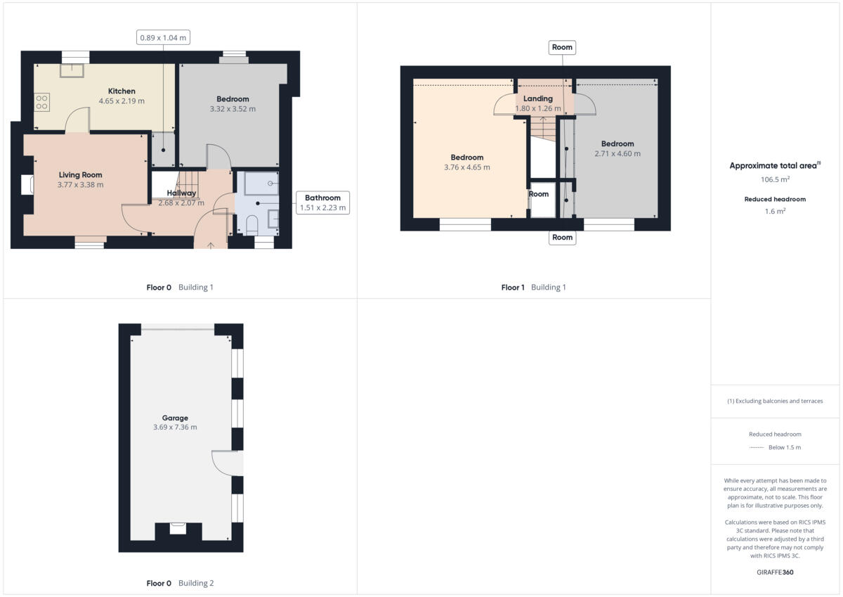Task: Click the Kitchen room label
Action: pos(122,91)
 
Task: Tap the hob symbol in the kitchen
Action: pos(41,102)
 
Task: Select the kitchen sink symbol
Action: pos(72,70)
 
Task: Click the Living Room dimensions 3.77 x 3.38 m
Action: pos(81,185)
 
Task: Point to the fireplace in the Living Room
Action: pos(28,185)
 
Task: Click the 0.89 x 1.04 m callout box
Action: pos(164,37)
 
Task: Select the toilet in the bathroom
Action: pos(252,224)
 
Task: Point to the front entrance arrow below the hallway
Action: pos(212,245)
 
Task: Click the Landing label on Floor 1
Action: pos(538,98)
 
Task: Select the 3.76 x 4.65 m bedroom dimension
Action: pos(467,167)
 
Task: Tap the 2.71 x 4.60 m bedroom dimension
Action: pos(617,153)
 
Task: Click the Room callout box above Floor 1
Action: pos(562,47)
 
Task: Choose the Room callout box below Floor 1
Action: pos(562,238)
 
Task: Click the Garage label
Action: pos(175,418)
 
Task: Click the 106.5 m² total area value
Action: pos(775,179)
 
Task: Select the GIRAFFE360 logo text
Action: pos(775,572)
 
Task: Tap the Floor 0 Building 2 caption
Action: pos(180,583)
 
